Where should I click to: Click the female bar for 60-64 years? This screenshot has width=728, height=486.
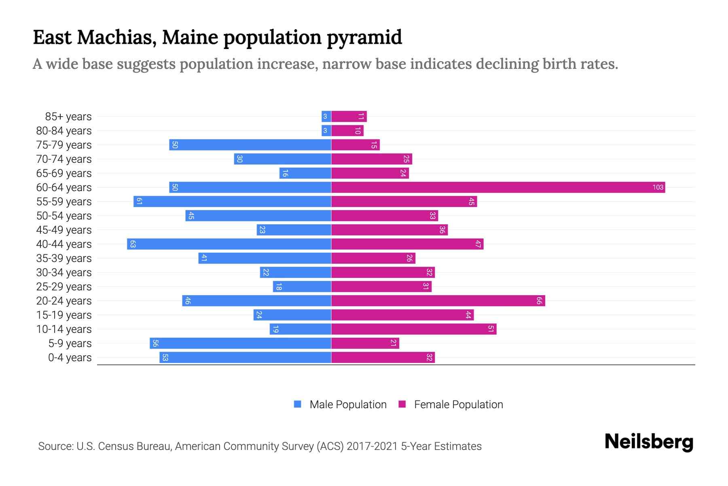coord(497,188)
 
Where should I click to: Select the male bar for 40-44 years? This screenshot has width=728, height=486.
coord(229,244)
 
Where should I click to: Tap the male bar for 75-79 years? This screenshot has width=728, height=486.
coord(250,145)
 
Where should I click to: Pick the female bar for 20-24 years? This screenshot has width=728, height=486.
coord(438,301)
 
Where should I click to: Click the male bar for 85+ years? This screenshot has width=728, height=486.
coord(326,117)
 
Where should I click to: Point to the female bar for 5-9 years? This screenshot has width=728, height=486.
coord(365,343)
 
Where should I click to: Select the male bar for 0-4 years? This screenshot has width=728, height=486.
coord(245,358)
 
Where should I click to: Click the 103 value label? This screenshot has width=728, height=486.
coord(658,188)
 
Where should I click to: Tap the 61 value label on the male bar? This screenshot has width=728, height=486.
coord(139,202)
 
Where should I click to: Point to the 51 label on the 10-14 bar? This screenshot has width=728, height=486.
coord(491,329)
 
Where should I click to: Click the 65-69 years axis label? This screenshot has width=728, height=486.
coord(64,173)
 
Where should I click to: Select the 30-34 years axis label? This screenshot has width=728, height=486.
coord(64,273)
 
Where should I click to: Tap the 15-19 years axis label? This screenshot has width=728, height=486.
coord(64,315)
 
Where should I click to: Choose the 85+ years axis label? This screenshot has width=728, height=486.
coord(68,117)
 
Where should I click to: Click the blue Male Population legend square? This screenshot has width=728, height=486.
coord(298,404)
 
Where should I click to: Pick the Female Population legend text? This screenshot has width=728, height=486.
coord(458,405)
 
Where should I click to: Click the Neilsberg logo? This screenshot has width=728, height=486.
coord(649,442)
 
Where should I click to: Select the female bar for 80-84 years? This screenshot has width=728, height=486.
coord(347,131)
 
